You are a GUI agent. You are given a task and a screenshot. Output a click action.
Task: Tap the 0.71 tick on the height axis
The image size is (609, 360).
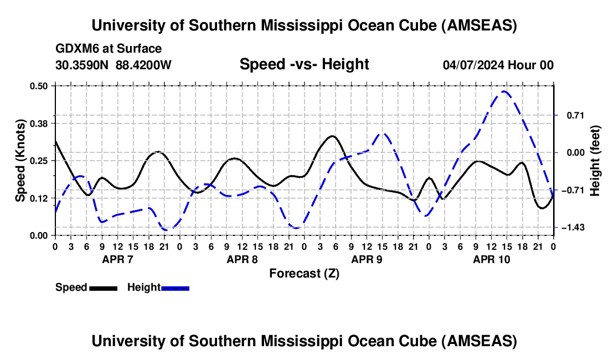click(x=570, y=115)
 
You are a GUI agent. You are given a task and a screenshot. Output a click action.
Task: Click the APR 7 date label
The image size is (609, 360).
click(x=117, y=259)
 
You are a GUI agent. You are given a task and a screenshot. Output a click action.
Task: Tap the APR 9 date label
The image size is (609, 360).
click(x=367, y=259)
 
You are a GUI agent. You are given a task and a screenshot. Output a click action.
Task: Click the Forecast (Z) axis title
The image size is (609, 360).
click(x=304, y=273)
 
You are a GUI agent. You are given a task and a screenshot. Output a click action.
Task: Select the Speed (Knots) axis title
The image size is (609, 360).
click(x=20, y=161)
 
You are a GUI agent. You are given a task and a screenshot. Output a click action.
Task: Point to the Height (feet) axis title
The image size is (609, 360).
click(x=595, y=161)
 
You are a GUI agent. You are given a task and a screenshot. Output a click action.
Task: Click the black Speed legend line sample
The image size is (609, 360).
click(x=103, y=288)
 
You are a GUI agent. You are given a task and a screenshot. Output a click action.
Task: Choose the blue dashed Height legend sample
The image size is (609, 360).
click(x=175, y=288)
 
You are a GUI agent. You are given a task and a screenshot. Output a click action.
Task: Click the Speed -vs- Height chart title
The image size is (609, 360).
click(x=304, y=64)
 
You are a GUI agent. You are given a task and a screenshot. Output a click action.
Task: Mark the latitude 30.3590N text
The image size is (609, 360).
click(x=82, y=65)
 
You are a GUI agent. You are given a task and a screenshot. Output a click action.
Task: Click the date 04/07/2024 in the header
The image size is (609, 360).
click(x=473, y=65)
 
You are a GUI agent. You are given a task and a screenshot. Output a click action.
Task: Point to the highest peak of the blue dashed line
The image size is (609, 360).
click(x=504, y=91)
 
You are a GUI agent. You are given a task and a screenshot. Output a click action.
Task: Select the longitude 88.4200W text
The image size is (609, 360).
click(x=143, y=65)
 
